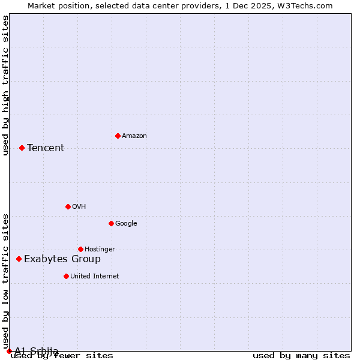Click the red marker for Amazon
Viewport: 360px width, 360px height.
point(118,136)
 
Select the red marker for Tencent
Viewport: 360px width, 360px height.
point(22,148)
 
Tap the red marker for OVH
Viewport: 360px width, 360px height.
point(68,206)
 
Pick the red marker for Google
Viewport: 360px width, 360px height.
point(111,223)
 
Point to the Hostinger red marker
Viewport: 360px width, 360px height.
point(80,249)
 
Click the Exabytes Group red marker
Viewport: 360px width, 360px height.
point(19,259)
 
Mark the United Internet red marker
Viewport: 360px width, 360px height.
point(66,276)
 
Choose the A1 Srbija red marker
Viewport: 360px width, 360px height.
point(9,351)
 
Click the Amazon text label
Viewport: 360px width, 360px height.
point(134,136)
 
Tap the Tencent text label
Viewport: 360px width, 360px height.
point(46,148)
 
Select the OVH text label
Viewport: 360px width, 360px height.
point(79,207)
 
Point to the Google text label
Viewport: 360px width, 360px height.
point(126,224)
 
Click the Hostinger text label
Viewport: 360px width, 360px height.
point(100,250)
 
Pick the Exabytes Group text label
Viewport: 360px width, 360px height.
point(62,259)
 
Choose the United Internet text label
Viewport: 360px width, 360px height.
point(95,277)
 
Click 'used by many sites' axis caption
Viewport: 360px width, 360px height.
point(301,356)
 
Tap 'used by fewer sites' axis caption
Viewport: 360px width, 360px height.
point(62,356)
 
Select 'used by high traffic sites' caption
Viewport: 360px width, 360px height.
point(5,85)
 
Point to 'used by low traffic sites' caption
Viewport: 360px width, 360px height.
point(5,281)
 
